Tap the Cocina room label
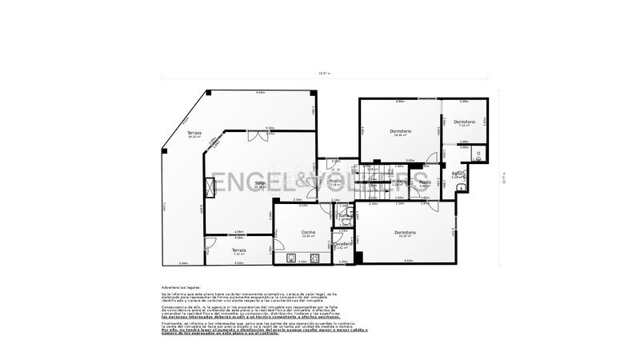(x=308, y=233)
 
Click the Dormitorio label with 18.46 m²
(x=401, y=131)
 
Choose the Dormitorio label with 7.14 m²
(x=465, y=122)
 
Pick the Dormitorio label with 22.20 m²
(x=407, y=233)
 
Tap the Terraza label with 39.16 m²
(x=194, y=133)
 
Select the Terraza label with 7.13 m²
(x=239, y=250)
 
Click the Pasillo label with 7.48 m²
(x=336, y=181)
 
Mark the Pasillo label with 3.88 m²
(x=426, y=182)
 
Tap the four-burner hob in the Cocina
(x=314, y=258)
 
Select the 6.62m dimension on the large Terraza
(x=260, y=93)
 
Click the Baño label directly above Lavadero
(x=343, y=214)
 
